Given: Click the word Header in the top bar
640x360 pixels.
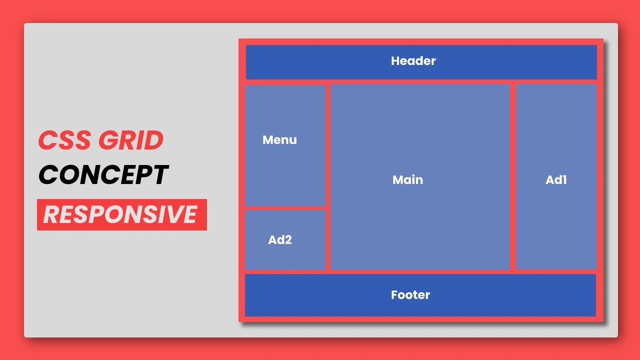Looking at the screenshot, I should tap(413, 61).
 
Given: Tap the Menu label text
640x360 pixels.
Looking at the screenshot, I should tap(279, 140).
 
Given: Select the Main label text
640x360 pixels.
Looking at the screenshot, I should tap(407, 180).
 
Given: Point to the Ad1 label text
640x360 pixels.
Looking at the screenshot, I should tap(556, 180).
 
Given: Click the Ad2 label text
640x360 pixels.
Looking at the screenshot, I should tap(279, 240).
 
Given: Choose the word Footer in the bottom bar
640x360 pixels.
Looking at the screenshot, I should tap(410, 295).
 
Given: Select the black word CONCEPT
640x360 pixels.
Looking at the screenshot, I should tap(103, 175).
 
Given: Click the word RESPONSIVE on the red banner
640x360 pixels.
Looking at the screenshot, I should tap(120, 214).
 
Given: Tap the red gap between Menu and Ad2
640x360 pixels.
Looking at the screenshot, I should tap(285, 208).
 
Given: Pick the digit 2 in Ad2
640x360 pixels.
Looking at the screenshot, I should tap(287, 240).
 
